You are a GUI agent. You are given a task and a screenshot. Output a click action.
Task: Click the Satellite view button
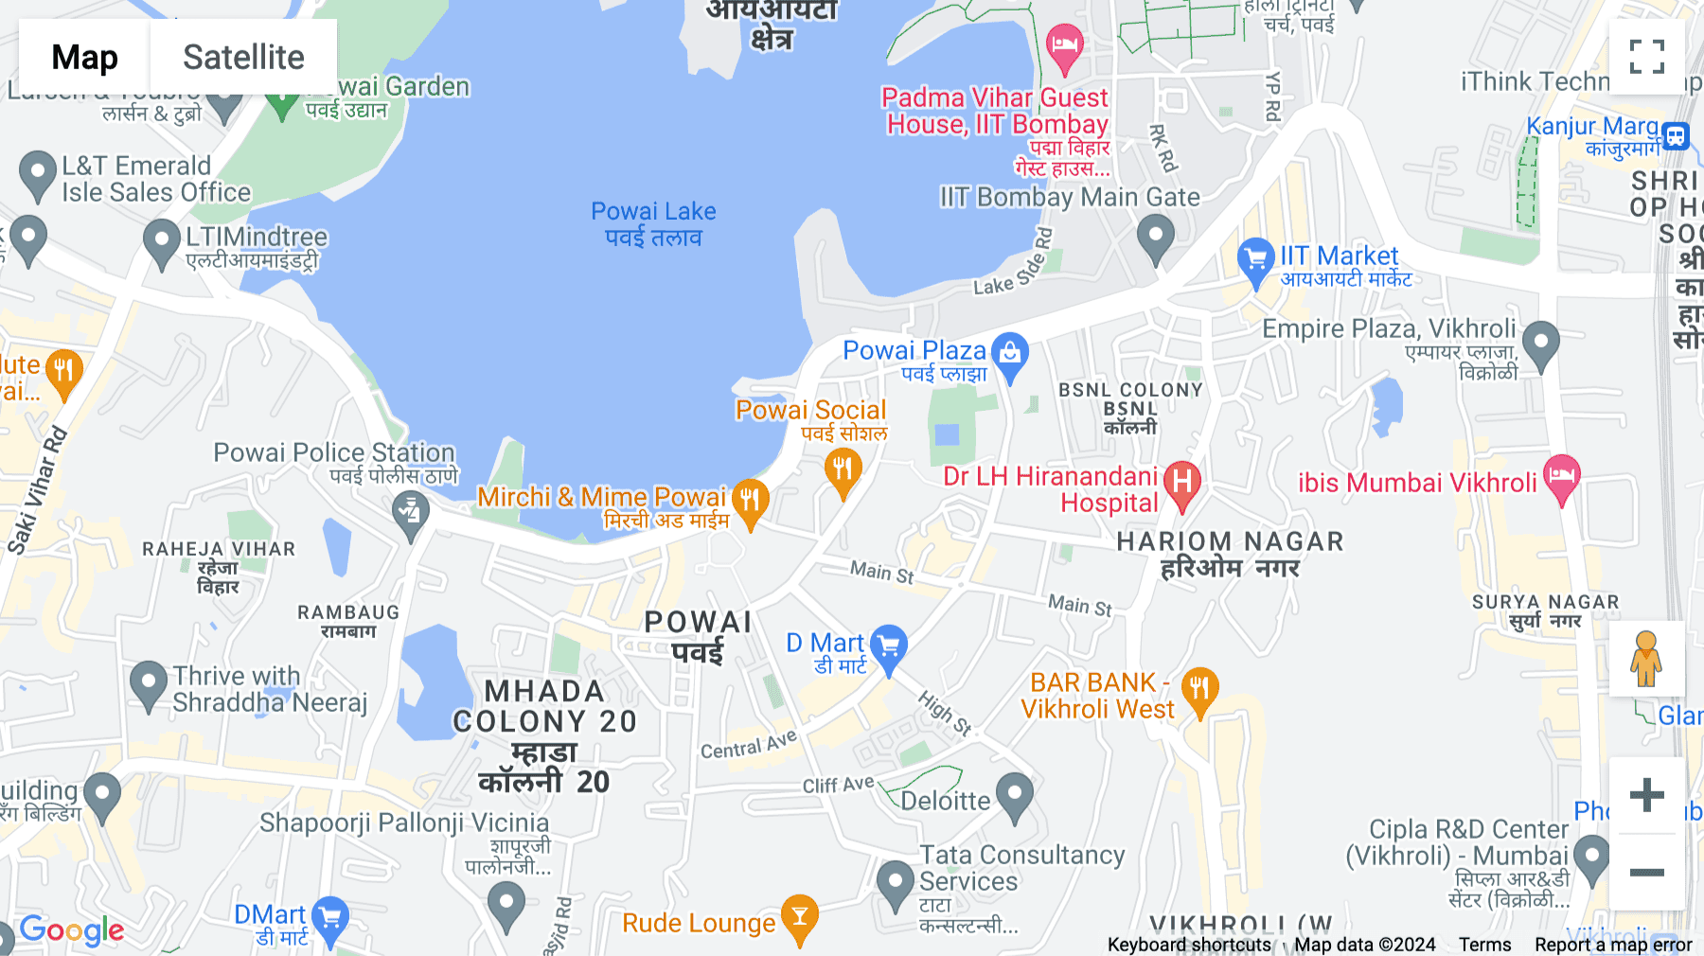pos(243,57)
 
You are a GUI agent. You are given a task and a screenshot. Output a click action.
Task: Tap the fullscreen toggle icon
pos(1646,57)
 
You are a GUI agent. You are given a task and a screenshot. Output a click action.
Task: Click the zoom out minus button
pos(1646,872)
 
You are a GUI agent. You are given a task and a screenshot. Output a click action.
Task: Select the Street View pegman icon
pos(1646,659)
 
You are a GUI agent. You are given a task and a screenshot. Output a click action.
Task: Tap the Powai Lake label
pos(653,224)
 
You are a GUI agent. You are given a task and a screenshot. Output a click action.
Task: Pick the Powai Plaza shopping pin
pos(1010,355)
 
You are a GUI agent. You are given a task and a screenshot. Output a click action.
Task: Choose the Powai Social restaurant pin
pos(843,469)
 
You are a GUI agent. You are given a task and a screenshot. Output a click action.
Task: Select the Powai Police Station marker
pos(411,513)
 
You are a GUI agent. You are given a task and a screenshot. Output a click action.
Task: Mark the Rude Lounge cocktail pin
pos(800,918)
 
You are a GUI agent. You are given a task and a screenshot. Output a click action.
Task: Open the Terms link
pos(1484,944)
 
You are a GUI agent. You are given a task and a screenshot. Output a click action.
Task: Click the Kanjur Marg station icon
pos(1676,135)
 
